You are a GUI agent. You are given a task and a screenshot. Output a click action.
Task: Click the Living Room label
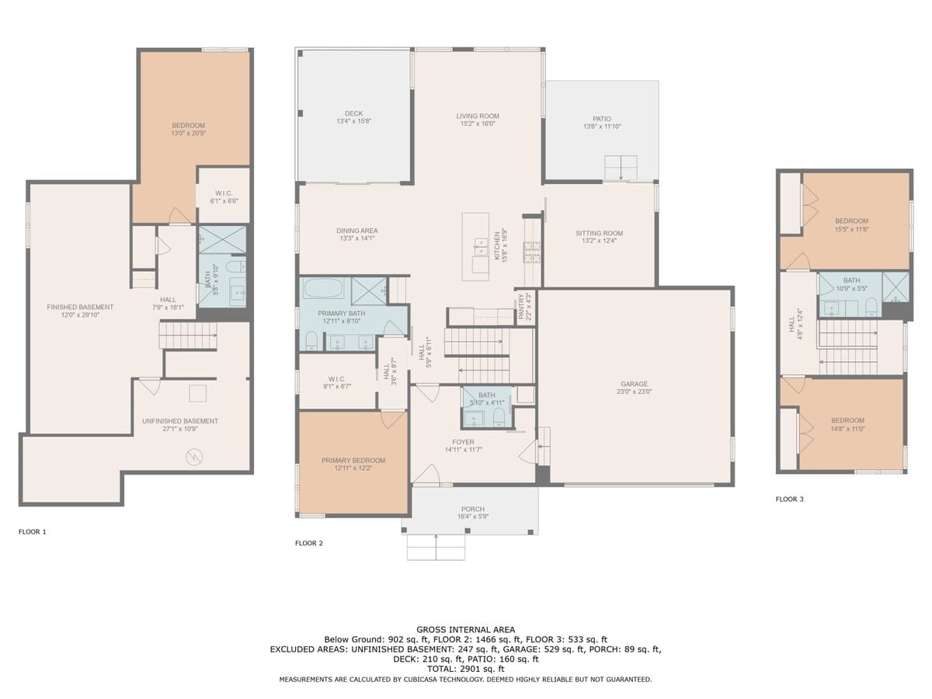[x=477, y=116]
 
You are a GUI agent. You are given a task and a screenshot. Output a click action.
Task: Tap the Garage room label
[x=634, y=384]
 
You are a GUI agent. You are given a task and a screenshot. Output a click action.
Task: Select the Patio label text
[x=602, y=119]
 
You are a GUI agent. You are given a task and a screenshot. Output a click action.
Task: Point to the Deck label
[x=353, y=113]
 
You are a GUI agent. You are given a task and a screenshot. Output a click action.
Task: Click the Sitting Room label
[x=599, y=233]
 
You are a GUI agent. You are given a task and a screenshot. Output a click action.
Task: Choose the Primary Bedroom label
[x=353, y=460]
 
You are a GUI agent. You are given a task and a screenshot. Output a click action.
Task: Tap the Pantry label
[x=521, y=307]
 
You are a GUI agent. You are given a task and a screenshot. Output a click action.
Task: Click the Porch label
[x=472, y=509]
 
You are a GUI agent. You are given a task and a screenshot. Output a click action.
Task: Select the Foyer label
[x=463, y=442]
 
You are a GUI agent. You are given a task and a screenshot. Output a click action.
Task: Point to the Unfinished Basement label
[x=180, y=421]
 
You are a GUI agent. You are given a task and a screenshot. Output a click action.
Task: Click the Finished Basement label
[x=80, y=307]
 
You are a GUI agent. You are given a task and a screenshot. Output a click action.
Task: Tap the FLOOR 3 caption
[x=789, y=499]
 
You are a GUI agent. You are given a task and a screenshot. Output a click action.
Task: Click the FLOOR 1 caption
[x=33, y=532]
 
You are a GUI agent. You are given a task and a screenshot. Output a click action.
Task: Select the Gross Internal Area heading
[x=465, y=630]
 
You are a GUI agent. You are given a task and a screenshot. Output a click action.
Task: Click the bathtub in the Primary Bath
[x=325, y=288]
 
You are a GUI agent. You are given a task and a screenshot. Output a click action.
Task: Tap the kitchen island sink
[x=481, y=246]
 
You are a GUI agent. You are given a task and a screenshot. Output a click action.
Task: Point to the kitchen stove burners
[x=532, y=252]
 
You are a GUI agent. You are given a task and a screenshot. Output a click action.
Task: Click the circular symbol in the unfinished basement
[x=194, y=457]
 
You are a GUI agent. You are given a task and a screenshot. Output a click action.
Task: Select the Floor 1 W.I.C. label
[x=224, y=193]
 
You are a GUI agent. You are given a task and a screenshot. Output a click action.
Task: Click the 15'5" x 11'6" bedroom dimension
[x=852, y=229]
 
